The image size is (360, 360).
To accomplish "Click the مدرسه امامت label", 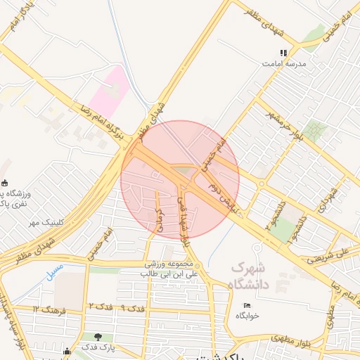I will click(284, 63).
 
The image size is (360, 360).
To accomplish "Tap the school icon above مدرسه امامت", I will click(284, 53).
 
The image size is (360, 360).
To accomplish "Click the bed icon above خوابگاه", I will click(246, 305).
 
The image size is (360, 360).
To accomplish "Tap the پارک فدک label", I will click(98, 347).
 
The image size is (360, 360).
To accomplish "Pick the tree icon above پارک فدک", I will click(98, 337).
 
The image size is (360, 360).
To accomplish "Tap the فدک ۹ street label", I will click(132, 308).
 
